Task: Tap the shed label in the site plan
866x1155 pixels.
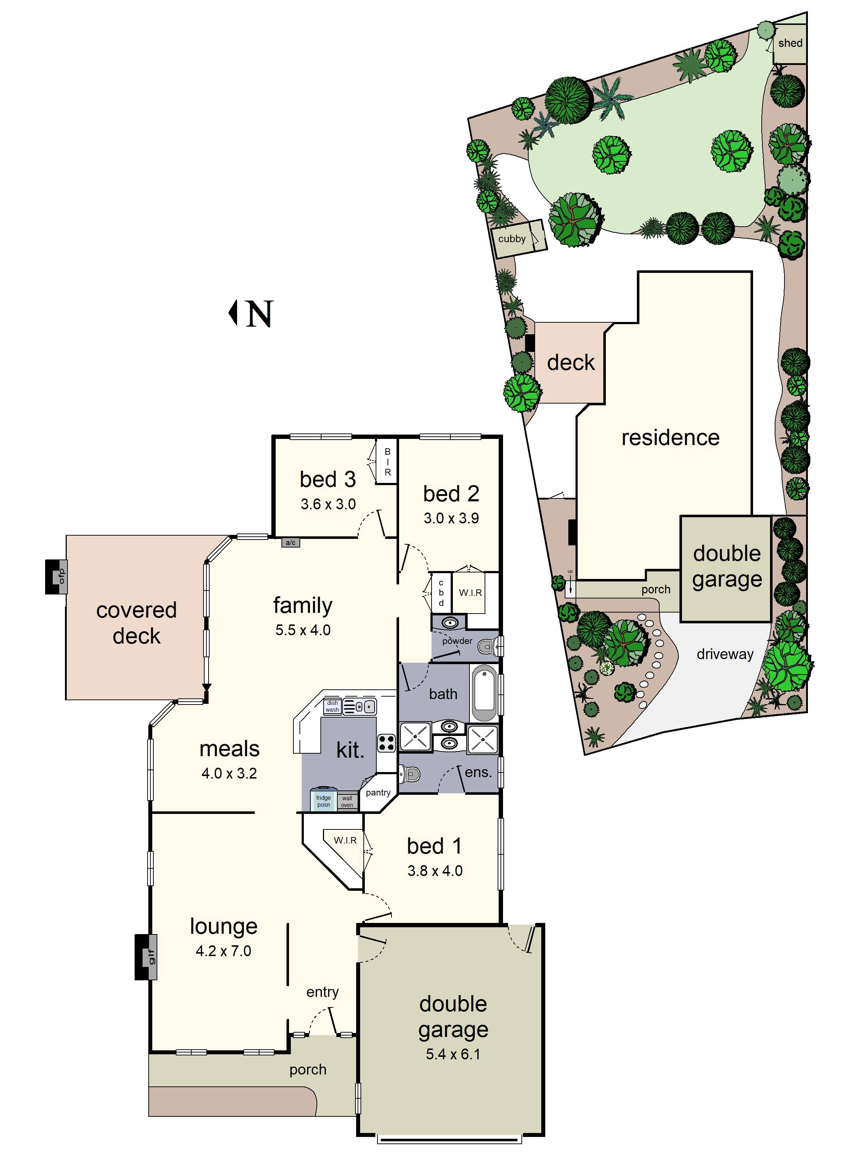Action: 790,43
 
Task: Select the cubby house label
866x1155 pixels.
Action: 512,239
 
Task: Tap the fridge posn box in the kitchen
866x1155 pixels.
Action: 323,801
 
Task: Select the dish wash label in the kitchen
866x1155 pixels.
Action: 333,706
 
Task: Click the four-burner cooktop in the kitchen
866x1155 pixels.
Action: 386,742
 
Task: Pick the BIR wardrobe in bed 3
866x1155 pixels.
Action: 387,462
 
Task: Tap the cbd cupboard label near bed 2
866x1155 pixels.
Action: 441,593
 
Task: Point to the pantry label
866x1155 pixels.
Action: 378,793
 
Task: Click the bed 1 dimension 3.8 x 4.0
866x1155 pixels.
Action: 435,871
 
